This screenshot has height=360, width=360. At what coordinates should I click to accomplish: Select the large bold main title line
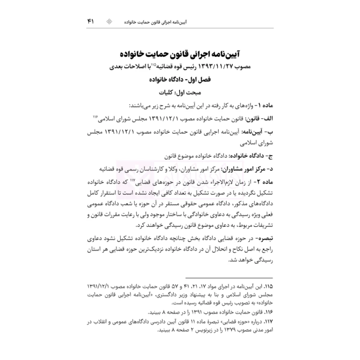click(x=180, y=54)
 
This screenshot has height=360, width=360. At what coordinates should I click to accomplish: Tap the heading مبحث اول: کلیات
click(x=180, y=94)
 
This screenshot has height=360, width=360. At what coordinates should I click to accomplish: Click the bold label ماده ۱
click(x=258, y=106)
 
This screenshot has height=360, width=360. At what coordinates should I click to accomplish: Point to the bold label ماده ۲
click(x=258, y=181)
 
